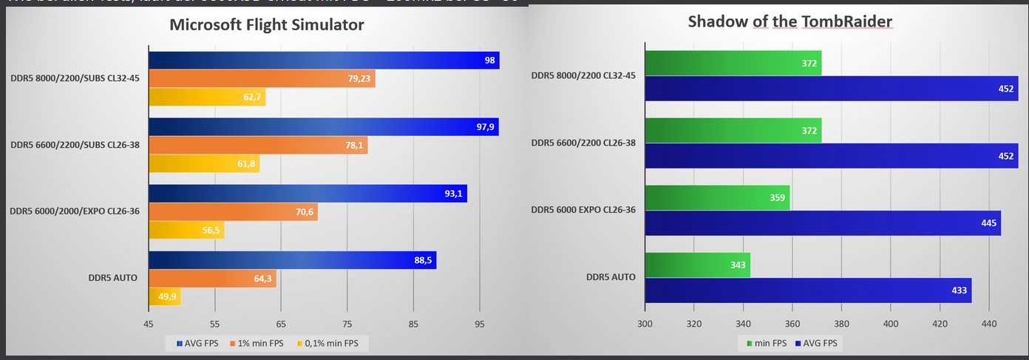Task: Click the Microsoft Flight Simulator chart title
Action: [x=267, y=24]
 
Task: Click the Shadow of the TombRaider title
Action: [x=790, y=21]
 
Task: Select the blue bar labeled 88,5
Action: [x=292, y=260]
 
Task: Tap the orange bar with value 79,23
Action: [x=262, y=78]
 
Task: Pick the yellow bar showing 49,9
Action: [x=165, y=296]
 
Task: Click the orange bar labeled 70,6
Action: [x=233, y=212]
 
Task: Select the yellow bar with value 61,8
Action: [x=204, y=163]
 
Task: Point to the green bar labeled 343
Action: [x=697, y=265]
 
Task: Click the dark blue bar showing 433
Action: [x=808, y=291]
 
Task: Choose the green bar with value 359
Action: [x=717, y=197]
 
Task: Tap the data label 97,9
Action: [x=485, y=127]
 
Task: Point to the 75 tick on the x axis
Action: [x=347, y=324]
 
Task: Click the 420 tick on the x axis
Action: [x=940, y=324]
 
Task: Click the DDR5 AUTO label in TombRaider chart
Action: [x=611, y=277]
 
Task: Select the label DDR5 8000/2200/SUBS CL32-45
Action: [x=75, y=78]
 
